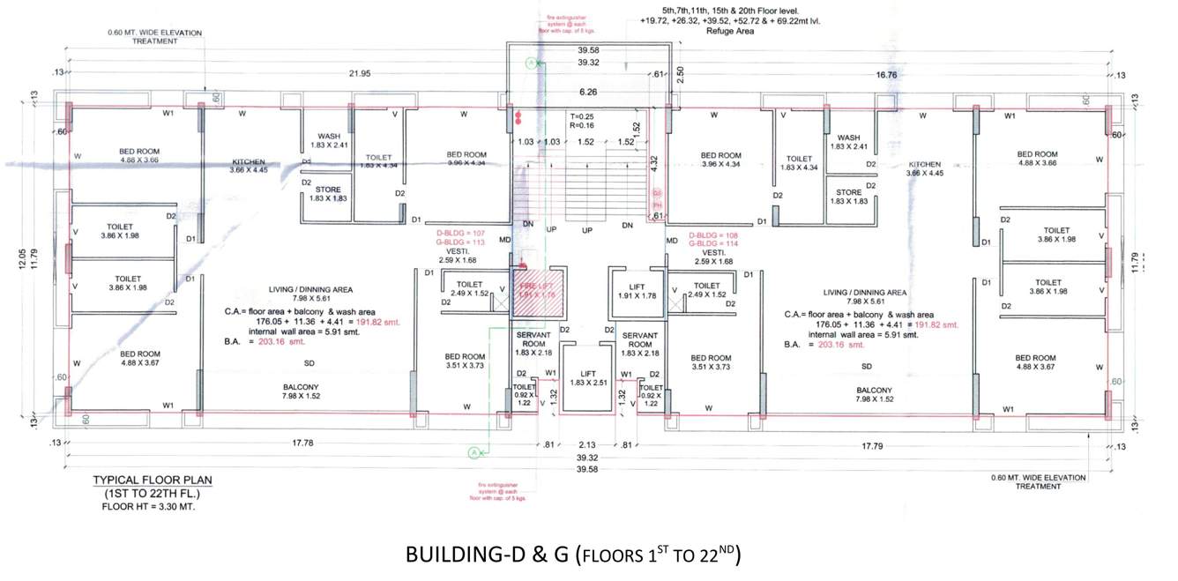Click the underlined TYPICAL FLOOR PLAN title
[x=153, y=480]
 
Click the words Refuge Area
[x=732, y=31]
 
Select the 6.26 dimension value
[x=587, y=92]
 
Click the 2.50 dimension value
[x=680, y=76]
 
